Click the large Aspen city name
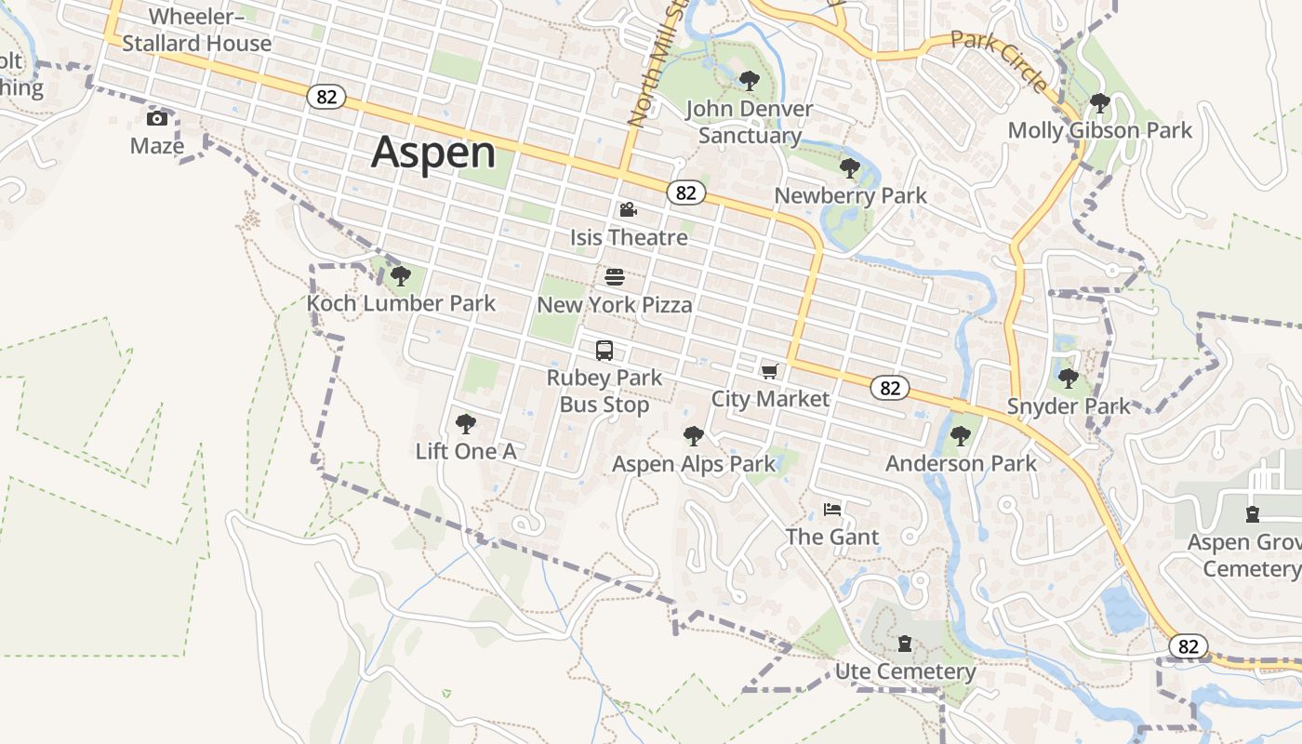pos(432,153)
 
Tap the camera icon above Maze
pos(157,118)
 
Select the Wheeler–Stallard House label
pos(197,30)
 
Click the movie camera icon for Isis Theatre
pos(629,210)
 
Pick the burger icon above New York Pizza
pos(614,277)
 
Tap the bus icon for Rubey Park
pos(604,351)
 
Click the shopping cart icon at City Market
pos(769,372)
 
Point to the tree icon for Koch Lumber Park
pos(401,275)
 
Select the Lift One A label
pos(465,452)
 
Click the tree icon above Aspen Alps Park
pos(693,435)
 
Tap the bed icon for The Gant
pos(832,510)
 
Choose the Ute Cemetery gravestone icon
pos(905,644)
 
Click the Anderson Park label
pos(961,463)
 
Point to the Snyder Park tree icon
pos(1069,378)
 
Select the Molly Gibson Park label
pos(1099,130)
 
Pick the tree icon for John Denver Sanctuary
pos(749,81)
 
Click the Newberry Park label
pos(850,195)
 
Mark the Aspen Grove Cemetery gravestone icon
pos(1253,513)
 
